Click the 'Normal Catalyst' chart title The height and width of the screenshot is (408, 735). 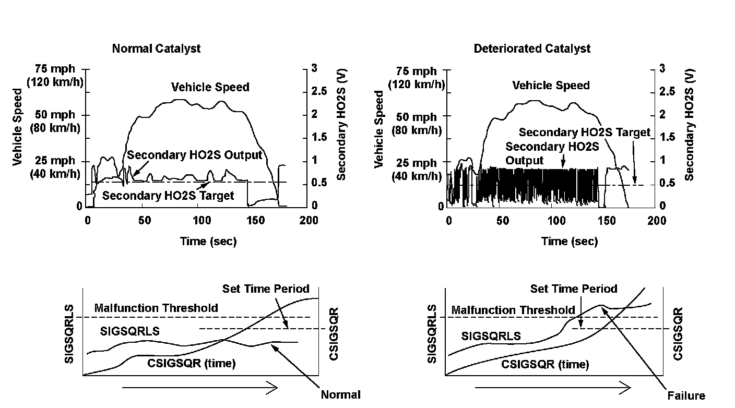[x=156, y=49]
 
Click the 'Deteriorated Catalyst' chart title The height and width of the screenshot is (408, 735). [x=532, y=49]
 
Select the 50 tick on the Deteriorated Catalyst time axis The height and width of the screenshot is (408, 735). [x=503, y=220]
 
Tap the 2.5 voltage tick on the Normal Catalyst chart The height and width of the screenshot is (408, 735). [x=317, y=92]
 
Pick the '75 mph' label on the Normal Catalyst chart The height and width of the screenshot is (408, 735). [x=55, y=69]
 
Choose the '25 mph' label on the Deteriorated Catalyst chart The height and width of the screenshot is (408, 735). [x=417, y=163]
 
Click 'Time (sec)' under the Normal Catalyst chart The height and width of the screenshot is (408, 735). [x=208, y=241]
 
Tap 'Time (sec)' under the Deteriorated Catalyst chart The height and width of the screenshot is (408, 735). [x=570, y=241]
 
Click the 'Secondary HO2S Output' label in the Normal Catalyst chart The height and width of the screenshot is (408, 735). [x=194, y=155]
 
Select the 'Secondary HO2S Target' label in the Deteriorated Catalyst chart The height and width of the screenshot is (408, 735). [x=585, y=133]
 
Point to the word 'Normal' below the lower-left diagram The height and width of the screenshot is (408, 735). [x=340, y=394]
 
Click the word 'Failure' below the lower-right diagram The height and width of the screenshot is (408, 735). [x=686, y=395]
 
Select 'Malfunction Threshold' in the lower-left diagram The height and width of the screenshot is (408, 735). [x=156, y=308]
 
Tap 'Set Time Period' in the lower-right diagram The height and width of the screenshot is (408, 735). [x=574, y=289]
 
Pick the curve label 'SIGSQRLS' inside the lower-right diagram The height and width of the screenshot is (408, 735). [x=491, y=336]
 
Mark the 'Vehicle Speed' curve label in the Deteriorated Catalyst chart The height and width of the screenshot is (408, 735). [x=551, y=86]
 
